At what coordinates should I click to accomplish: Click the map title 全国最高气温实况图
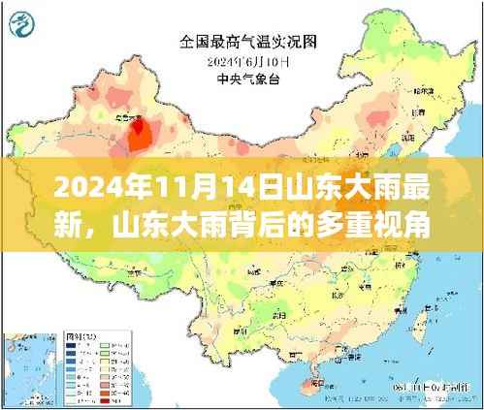tap(247, 42)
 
